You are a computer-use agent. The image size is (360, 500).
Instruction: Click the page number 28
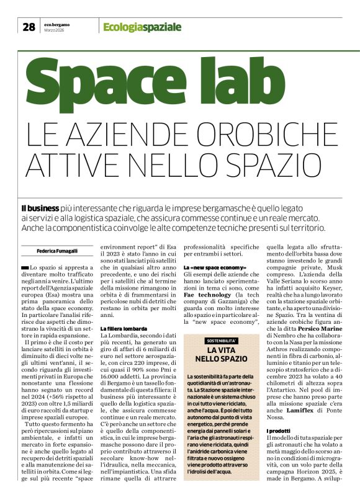pyautogui.click(x=29, y=27)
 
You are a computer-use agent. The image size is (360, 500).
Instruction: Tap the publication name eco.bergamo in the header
pyautogui.click(x=57, y=24)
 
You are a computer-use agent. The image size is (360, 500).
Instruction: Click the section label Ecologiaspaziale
pyautogui.click(x=142, y=27)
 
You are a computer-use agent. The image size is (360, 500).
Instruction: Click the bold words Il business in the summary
pyautogui.click(x=40, y=208)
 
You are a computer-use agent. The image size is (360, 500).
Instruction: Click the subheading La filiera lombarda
pyautogui.click(x=124, y=328)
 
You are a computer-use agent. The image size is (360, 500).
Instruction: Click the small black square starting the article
pyautogui.click(x=25, y=267)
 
